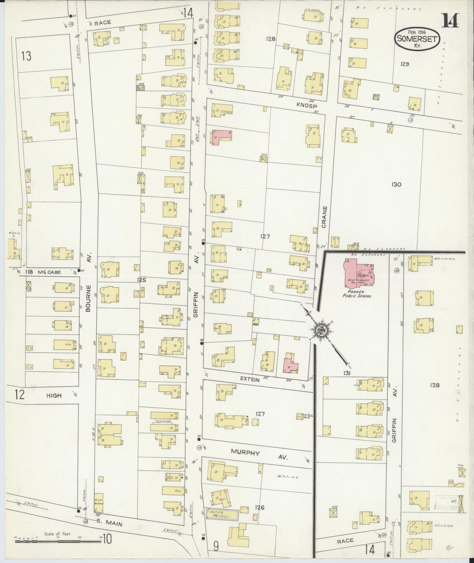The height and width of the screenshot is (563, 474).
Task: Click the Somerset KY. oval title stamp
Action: coord(417,40)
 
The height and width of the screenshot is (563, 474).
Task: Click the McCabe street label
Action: coord(49,272)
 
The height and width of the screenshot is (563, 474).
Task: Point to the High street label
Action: coord(54,396)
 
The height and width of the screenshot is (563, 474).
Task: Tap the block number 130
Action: coord(396,185)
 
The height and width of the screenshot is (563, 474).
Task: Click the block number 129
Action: coord(404,64)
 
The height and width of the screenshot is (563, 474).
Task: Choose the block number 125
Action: coord(141,280)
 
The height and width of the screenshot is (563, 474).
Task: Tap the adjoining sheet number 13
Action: coord(26,56)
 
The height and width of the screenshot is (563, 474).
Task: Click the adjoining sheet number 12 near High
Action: coord(20,395)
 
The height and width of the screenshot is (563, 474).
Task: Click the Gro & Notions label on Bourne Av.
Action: coord(99,501)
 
